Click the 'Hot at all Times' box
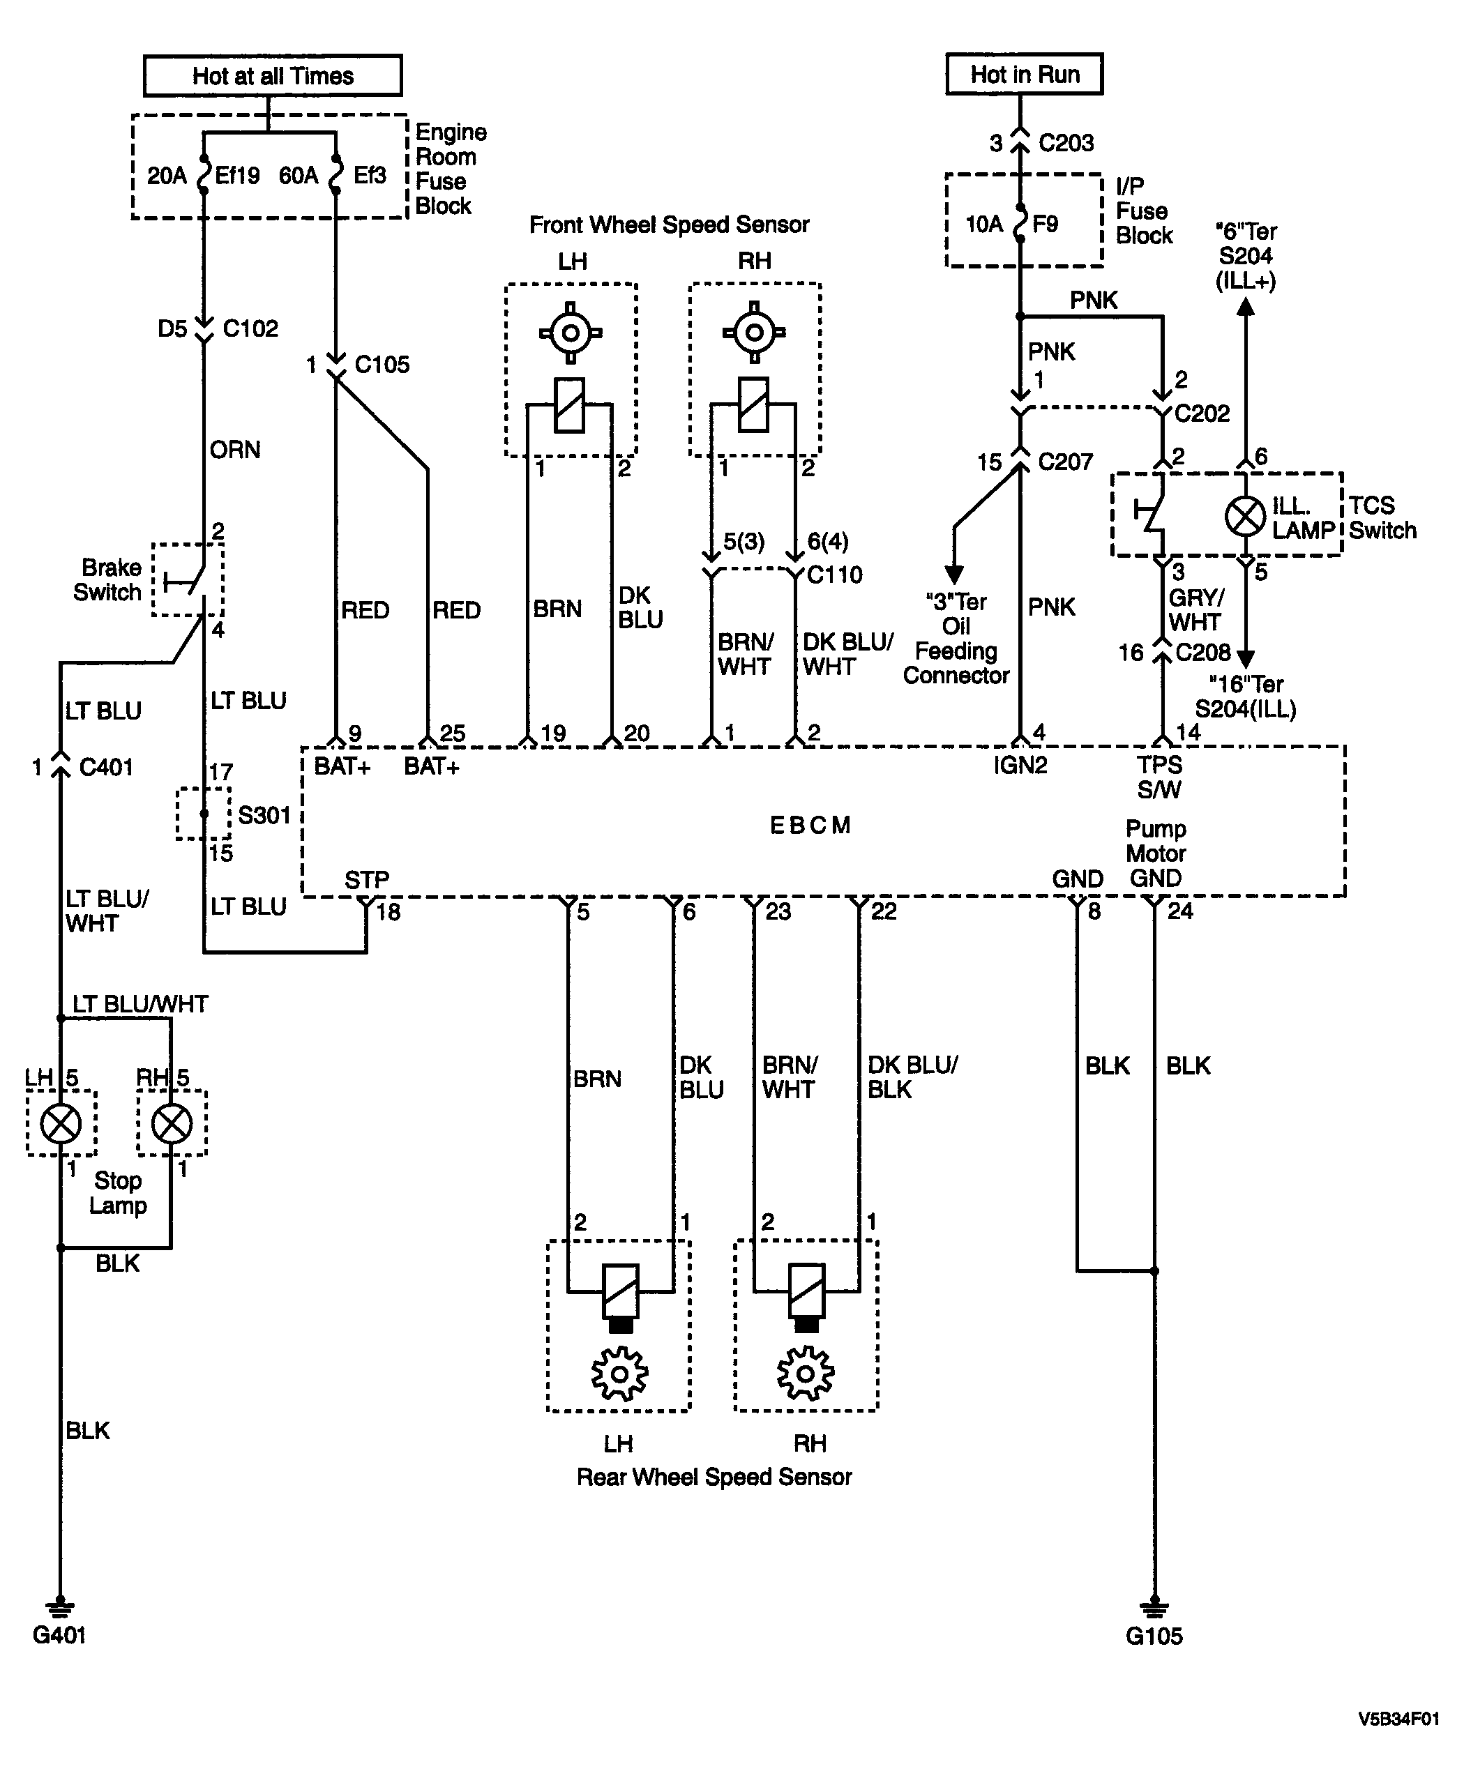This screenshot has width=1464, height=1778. click(273, 76)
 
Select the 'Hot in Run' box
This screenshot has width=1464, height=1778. click(1025, 74)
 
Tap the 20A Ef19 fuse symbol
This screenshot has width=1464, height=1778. click(203, 174)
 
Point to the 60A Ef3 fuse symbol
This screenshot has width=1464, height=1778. click(336, 174)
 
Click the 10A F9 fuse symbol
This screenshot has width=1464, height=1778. click(1020, 223)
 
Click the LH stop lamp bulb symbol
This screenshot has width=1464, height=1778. click(61, 1123)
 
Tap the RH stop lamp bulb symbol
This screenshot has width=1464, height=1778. click(172, 1123)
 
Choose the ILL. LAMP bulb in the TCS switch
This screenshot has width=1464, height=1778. click(1246, 515)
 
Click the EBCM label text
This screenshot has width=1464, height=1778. click(810, 825)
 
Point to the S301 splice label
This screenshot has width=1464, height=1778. click(264, 815)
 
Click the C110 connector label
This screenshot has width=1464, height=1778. click(835, 575)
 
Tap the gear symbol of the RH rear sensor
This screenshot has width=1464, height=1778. click(806, 1374)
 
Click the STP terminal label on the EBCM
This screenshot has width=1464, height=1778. click(367, 880)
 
